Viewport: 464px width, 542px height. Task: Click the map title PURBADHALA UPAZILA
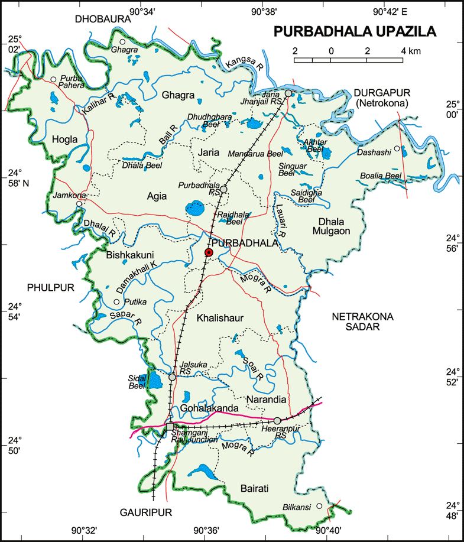coord(355,31)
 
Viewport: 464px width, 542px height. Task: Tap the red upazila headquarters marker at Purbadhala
coord(209,252)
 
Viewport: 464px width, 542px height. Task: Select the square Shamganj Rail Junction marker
coord(170,427)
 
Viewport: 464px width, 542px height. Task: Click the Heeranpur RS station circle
coord(277,421)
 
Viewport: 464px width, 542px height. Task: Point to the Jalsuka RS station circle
coord(172,377)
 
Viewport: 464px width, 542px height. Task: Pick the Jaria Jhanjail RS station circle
coord(288,93)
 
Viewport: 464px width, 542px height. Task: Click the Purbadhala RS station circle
coord(224,190)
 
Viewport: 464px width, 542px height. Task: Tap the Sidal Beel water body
coord(155,379)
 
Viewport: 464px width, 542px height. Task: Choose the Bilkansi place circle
coord(319,505)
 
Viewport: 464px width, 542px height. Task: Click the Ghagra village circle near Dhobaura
coord(123,41)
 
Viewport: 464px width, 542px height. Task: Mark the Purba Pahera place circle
coord(53,79)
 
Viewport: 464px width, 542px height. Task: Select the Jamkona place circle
coord(79,203)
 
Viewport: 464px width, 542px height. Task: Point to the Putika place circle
coord(116,302)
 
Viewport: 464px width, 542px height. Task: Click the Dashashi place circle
coord(397,148)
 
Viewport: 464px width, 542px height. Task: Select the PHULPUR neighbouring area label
coord(50,287)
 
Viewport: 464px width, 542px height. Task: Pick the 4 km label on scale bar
coord(410,51)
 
